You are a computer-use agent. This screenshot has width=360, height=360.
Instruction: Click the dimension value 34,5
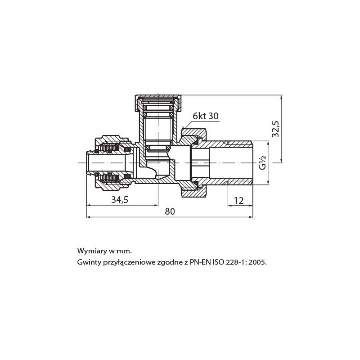(120, 200)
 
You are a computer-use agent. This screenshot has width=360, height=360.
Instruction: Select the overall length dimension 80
(170, 211)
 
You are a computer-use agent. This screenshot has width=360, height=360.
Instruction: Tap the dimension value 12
(239, 201)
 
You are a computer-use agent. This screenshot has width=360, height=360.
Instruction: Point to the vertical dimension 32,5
(275, 129)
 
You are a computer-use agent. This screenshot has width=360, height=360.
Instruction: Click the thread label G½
(262, 162)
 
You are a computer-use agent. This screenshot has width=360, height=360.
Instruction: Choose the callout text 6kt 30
(206, 116)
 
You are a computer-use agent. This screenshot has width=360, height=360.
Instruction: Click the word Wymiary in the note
(91, 251)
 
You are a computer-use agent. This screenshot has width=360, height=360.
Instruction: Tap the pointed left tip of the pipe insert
(87, 153)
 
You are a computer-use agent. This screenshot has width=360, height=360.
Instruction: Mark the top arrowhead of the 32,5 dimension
(282, 97)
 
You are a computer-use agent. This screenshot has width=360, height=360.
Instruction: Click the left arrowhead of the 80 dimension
(89, 217)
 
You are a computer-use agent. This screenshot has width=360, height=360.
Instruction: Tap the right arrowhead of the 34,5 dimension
(156, 205)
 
